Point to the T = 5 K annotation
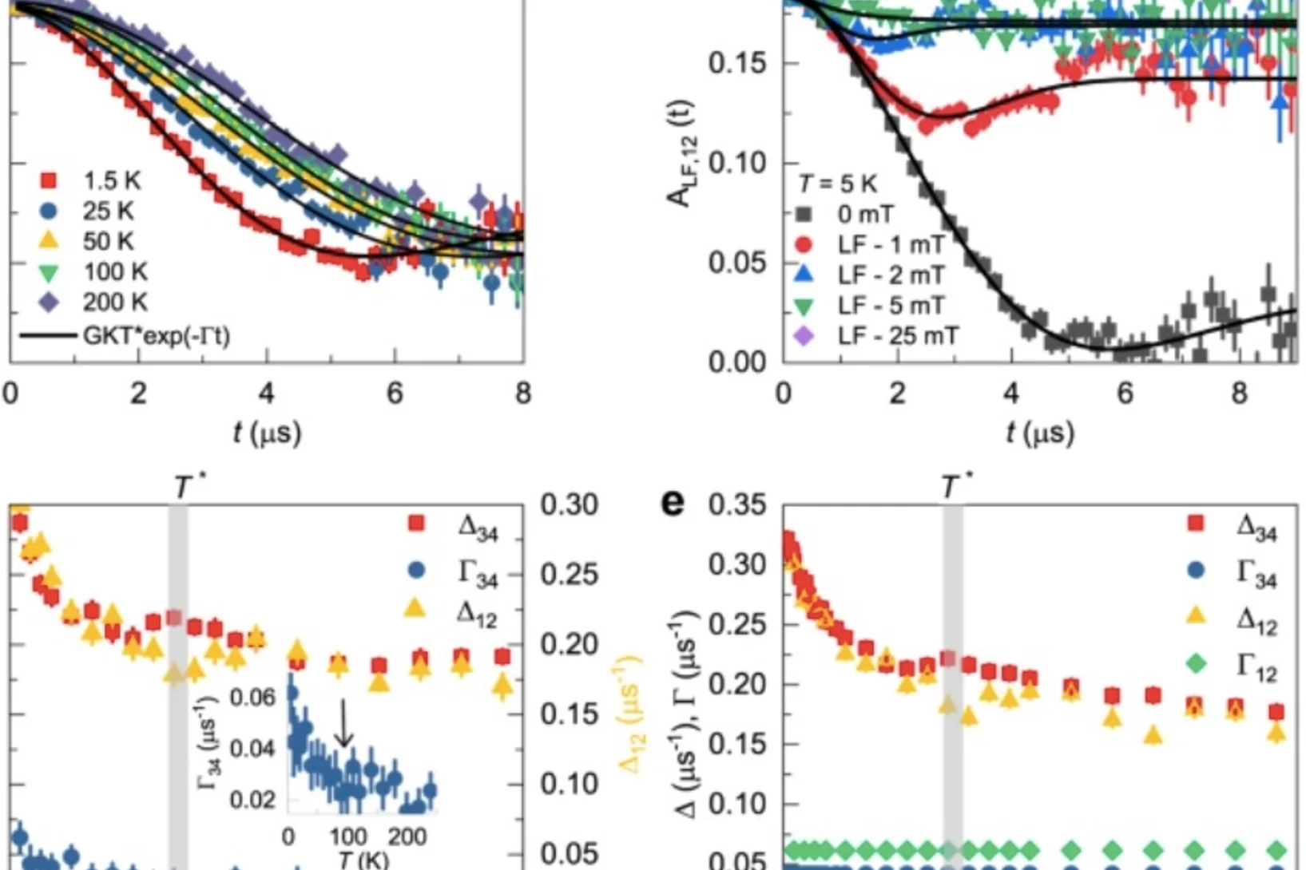pyautogui.click(x=837, y=184)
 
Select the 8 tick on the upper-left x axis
pyautogui.click(x=522, y=393)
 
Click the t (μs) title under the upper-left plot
pyautogui.click(x=267, y=433)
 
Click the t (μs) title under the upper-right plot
pyautogui.click(x=1040, y=433)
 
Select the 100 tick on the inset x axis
pyautogui.click(x=348, y=836)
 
